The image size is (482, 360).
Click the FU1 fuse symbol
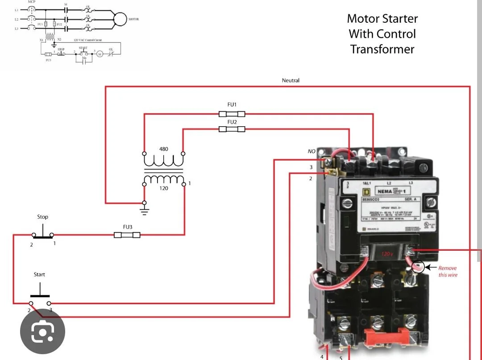232,114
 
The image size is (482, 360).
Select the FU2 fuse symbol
232,129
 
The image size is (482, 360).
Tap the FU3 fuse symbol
127,235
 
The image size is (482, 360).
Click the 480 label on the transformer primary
164,149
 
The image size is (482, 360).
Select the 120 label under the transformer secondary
164,188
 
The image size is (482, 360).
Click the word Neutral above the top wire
291,80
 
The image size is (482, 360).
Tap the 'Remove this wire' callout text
447,272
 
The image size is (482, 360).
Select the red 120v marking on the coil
387,254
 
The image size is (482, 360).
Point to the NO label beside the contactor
312,151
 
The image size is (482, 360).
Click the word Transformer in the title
382,49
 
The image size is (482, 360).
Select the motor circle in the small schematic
120,18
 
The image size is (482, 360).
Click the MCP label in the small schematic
32,2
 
